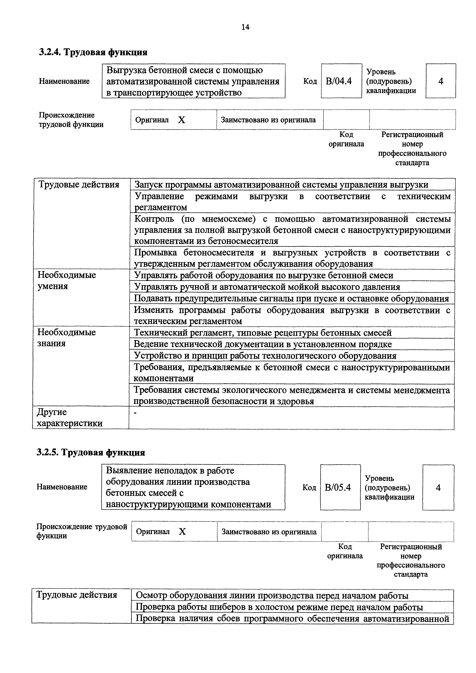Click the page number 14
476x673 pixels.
click(x=245, y=27)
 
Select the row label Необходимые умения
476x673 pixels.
click(x=67, y=280)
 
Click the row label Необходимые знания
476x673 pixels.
click(x=67, y=338)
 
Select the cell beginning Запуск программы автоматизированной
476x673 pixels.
click(x=281, y=185)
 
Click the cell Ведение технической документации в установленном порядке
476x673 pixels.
click(x=262, y=344)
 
